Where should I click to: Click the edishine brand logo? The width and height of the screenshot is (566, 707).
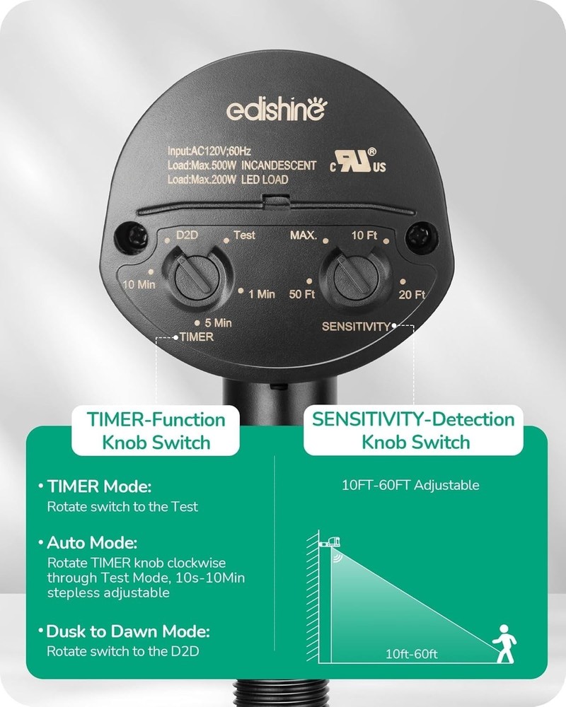[x=277, y=110]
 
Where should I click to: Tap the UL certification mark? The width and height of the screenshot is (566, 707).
[x=358, y=161]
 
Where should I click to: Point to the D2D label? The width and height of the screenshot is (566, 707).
[x=187, y=235]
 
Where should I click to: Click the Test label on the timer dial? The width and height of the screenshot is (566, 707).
[x=244, y=235]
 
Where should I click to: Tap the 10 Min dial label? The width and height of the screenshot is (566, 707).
[x=139, y=284]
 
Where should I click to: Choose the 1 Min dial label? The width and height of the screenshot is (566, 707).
[x=262, y=294]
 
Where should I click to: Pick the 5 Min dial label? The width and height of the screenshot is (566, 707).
[x=218, y=323]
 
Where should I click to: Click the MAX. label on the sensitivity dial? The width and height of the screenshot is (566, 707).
[x=304, y=235]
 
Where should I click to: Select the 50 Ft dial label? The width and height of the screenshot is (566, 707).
[x=302, y=294]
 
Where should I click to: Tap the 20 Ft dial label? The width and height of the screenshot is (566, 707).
[x=412, y=294]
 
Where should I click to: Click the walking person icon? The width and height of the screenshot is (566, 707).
[x=504, y=643]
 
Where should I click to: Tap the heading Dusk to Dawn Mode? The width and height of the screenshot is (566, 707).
[x=128, y=631]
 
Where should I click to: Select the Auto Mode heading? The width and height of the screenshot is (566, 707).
[x=92, y=542]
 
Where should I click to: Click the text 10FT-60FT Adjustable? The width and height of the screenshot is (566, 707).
[x=410, y=485]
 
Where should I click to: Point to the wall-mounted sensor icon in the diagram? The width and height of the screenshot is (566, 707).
[x=330, y=542]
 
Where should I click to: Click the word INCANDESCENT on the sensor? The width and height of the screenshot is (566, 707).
[x=279, y=165]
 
